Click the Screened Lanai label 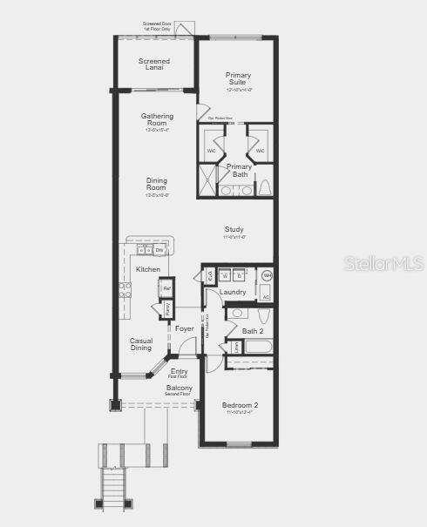pos(154,64)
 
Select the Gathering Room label pos(157,119)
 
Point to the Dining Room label pos(156,185)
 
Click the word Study pos(234,230)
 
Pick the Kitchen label pos(148,270)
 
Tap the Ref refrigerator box pos(166,288)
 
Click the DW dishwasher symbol pos(159,251)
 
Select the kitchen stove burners pos(125,290)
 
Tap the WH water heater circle pos(267,276)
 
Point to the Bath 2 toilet pos(240,314)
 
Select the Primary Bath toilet pos(265,187)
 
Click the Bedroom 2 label pos(240,406)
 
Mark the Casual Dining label pos(142,344)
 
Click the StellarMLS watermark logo pos(384,262)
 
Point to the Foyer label pos(185,328)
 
